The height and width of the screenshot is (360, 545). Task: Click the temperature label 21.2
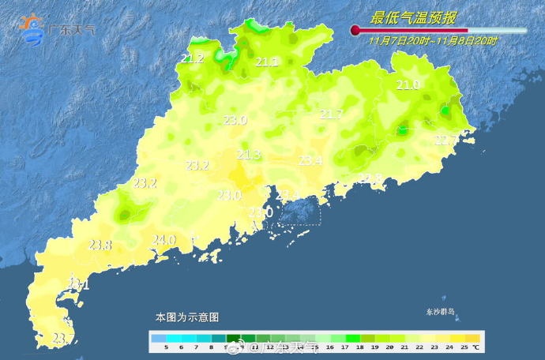point(193,58)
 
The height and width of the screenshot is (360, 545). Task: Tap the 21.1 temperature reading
point(267,62)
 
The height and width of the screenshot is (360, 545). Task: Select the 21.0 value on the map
point(408,85)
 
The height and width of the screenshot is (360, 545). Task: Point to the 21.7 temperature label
point(331,114)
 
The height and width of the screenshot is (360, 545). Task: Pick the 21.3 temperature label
point(249,154)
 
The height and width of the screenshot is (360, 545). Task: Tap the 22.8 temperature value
point(370,178)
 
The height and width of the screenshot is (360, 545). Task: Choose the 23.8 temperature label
point(100,245)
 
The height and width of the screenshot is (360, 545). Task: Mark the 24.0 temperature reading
point(163,240)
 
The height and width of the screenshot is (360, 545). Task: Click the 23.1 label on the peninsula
point(78,284)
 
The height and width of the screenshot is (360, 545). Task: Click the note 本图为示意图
point(187,317)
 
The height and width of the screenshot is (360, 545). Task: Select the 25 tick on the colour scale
point(464,347)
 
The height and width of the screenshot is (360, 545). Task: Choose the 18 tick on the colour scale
point(359,347)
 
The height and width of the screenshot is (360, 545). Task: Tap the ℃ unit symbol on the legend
point(476,347)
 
